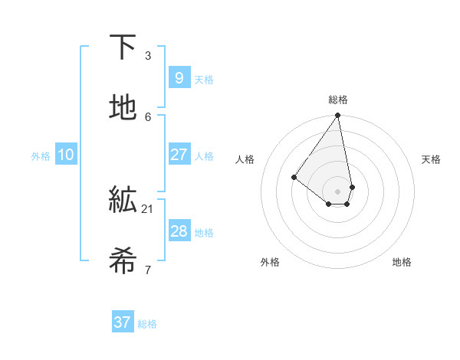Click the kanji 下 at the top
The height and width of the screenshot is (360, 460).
click(x=123, y=47)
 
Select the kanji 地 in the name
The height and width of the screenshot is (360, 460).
click(x=123, y=108)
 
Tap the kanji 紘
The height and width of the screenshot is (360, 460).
click(x=123, y=201)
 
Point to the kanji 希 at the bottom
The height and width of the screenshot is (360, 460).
click(x=123, y=261)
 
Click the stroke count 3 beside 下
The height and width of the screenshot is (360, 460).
click(x=147, y=56)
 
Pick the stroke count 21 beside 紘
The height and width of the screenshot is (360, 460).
click(x=147, y=208)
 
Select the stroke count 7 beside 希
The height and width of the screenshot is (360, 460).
click(x=147, y=270)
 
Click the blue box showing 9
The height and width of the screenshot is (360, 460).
click(x=179, y=77)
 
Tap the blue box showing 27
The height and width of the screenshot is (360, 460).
click(x=179, y=155)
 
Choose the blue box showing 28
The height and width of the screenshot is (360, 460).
click(x=179, y=231)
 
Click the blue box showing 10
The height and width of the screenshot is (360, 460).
click(x=66, y=155)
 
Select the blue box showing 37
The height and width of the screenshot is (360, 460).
click(x=123, y=322)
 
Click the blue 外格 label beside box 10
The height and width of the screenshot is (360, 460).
click(x=41, y=156)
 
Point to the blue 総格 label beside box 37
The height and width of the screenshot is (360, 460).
click(x=147, y=324)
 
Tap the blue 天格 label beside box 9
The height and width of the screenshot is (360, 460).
click(x=204, y=80)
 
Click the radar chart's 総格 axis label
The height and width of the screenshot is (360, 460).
click(x=338, y=100)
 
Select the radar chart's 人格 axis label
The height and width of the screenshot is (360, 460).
click(x=245, y=159)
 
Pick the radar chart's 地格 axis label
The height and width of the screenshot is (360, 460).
click(x=402, y=262)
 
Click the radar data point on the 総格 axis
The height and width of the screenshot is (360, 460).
click(x=337, y=116)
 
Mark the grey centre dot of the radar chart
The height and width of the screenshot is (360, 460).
click(x=337, y=191)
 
